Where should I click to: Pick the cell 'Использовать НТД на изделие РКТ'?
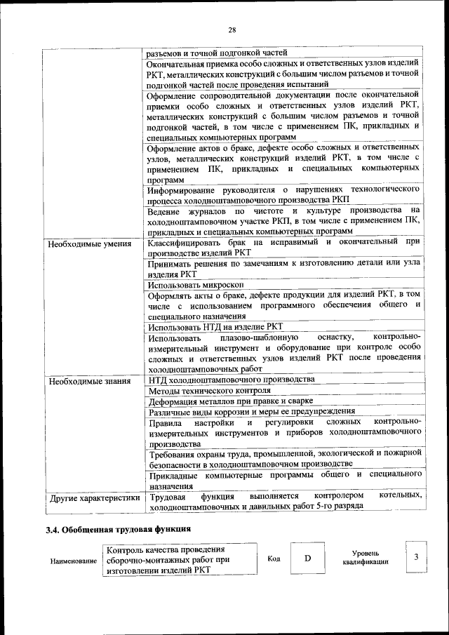215,326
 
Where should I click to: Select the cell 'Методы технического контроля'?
210,391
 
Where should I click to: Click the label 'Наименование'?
74,562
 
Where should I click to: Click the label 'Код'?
274,559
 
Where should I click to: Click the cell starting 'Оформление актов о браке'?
283,163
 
